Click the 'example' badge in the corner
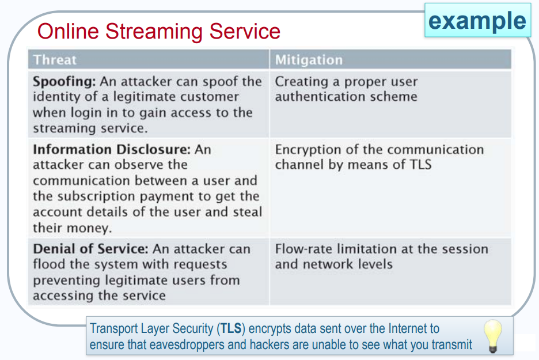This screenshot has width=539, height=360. (x=477, y=21)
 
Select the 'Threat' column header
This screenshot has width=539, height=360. (x=55, y=60)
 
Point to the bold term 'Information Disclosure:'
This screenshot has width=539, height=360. (x=111, y=150)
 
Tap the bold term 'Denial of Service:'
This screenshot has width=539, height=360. (x=91, y=249)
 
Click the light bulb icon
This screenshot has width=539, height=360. (x=492, y=335)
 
